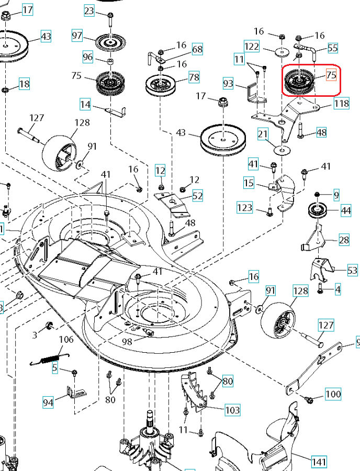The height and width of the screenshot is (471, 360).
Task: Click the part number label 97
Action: tap(77, 36)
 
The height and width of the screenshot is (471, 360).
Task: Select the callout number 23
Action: tap(89, 10)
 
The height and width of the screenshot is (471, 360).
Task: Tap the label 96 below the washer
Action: tap(88, 57)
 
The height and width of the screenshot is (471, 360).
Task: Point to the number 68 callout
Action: tap(197, 50)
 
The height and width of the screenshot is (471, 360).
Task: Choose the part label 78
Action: tap(194, 77)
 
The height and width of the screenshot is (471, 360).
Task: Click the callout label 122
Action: tap(252, 47)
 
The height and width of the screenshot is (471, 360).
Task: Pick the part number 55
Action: tap(333, 48)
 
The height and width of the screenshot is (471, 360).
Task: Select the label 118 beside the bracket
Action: tap(341, 104)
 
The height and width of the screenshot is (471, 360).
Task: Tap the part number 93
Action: tap(228, 83)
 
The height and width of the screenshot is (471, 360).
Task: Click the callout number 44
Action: tap(346, 210)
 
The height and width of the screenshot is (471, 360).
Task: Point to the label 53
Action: tap(353, 270)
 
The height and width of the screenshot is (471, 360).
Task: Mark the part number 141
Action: tap(319, 462)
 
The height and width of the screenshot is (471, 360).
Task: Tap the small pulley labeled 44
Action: tap(317, 211)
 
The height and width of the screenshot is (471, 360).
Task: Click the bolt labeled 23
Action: tap(110, 20)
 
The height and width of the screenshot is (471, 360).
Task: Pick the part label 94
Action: tap(48, 402)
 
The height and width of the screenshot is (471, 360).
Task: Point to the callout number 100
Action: tap(333, 394)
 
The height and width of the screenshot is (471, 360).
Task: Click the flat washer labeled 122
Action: tap(282, 51)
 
